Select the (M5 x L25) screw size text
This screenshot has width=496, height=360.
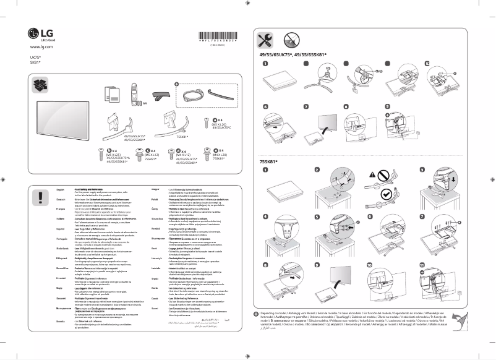114,153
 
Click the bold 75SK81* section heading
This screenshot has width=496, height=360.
268,161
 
